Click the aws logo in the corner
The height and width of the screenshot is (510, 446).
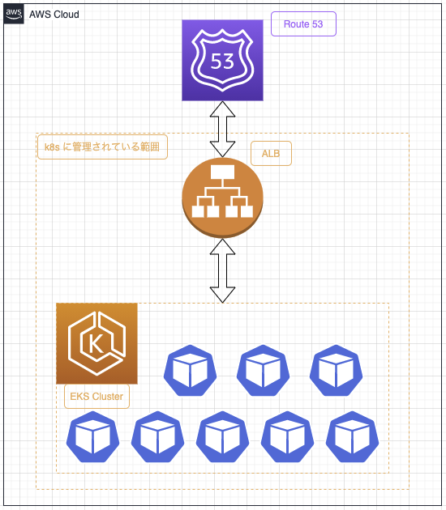(x=14, y=14)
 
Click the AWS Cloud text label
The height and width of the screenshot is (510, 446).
(x=54, y=15)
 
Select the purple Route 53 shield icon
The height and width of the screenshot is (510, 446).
(x=222, y=60)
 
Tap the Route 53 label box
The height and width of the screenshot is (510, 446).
(x=303, y=23)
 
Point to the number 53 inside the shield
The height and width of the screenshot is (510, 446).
(x=222, y=62)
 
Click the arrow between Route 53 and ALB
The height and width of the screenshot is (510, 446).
(x=222, y=130)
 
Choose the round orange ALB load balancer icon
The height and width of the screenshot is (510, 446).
(x=222, y=198)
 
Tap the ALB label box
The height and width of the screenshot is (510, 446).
(x=271, y=153)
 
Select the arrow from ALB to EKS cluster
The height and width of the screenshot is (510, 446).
(x=222, y=271)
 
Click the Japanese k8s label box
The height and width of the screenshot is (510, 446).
(x=103, y=147)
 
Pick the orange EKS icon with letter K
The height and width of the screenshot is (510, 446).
(x=96, y=343)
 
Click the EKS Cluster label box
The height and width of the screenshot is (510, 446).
(x=96, y=396)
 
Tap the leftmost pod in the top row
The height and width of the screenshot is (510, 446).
(x=191, y=371)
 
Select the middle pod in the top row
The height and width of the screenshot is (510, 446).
(x=264, y=371)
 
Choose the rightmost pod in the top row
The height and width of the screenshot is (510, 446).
(x=337, y=371)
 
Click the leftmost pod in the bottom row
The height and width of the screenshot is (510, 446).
(x=92, y=437)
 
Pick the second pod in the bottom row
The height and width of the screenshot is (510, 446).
(x=157, y=437)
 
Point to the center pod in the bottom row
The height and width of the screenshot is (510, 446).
(x=222, y=437)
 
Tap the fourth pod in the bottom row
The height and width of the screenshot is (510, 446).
(x=287, y=437)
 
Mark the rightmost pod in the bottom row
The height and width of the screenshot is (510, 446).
(x=352, y=437)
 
